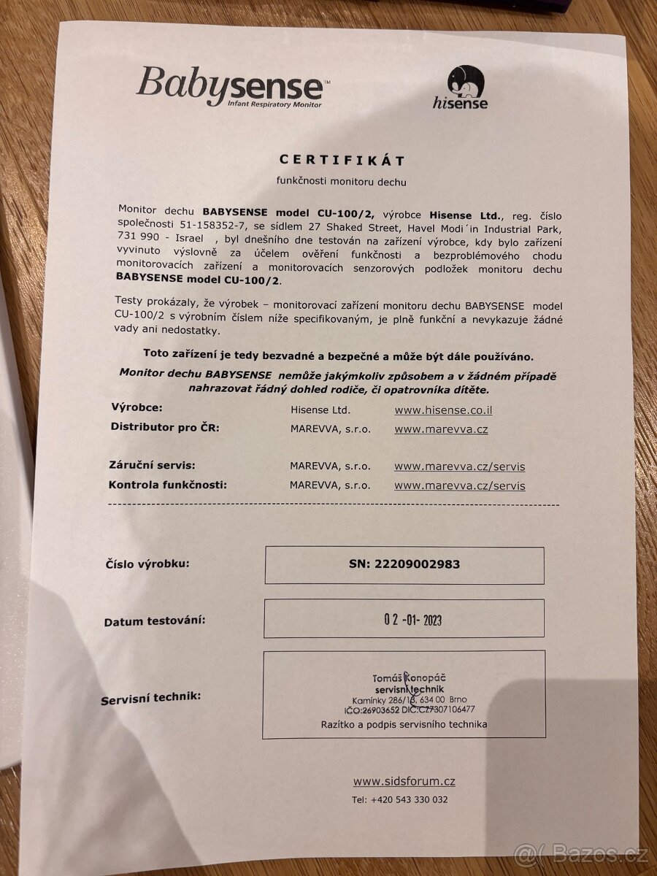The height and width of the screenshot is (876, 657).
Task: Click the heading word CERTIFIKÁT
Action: click(342, 160)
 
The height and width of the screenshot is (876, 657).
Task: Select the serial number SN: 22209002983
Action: click(404, 564)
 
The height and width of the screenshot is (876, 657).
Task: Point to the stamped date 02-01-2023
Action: click(412, 620)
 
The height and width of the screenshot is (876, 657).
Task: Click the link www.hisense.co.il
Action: click(443, 410)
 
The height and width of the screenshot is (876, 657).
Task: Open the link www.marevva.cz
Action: click(441, 429)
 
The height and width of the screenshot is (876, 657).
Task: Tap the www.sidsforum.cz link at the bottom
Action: click(404, 781)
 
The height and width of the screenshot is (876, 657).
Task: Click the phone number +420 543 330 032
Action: click(399, 799)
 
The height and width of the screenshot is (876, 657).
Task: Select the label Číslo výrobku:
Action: click(148, 564)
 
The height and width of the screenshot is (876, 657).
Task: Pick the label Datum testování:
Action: click(154, 621)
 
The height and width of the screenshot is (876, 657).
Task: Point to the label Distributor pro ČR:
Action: click(164, 427)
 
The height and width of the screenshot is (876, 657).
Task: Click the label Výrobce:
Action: click(137, 407)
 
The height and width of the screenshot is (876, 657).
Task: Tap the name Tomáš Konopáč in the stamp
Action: click(400, 679)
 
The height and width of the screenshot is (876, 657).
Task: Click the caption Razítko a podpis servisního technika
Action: click(404, 724)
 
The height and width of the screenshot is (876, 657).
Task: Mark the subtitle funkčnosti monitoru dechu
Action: click(341, 182)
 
